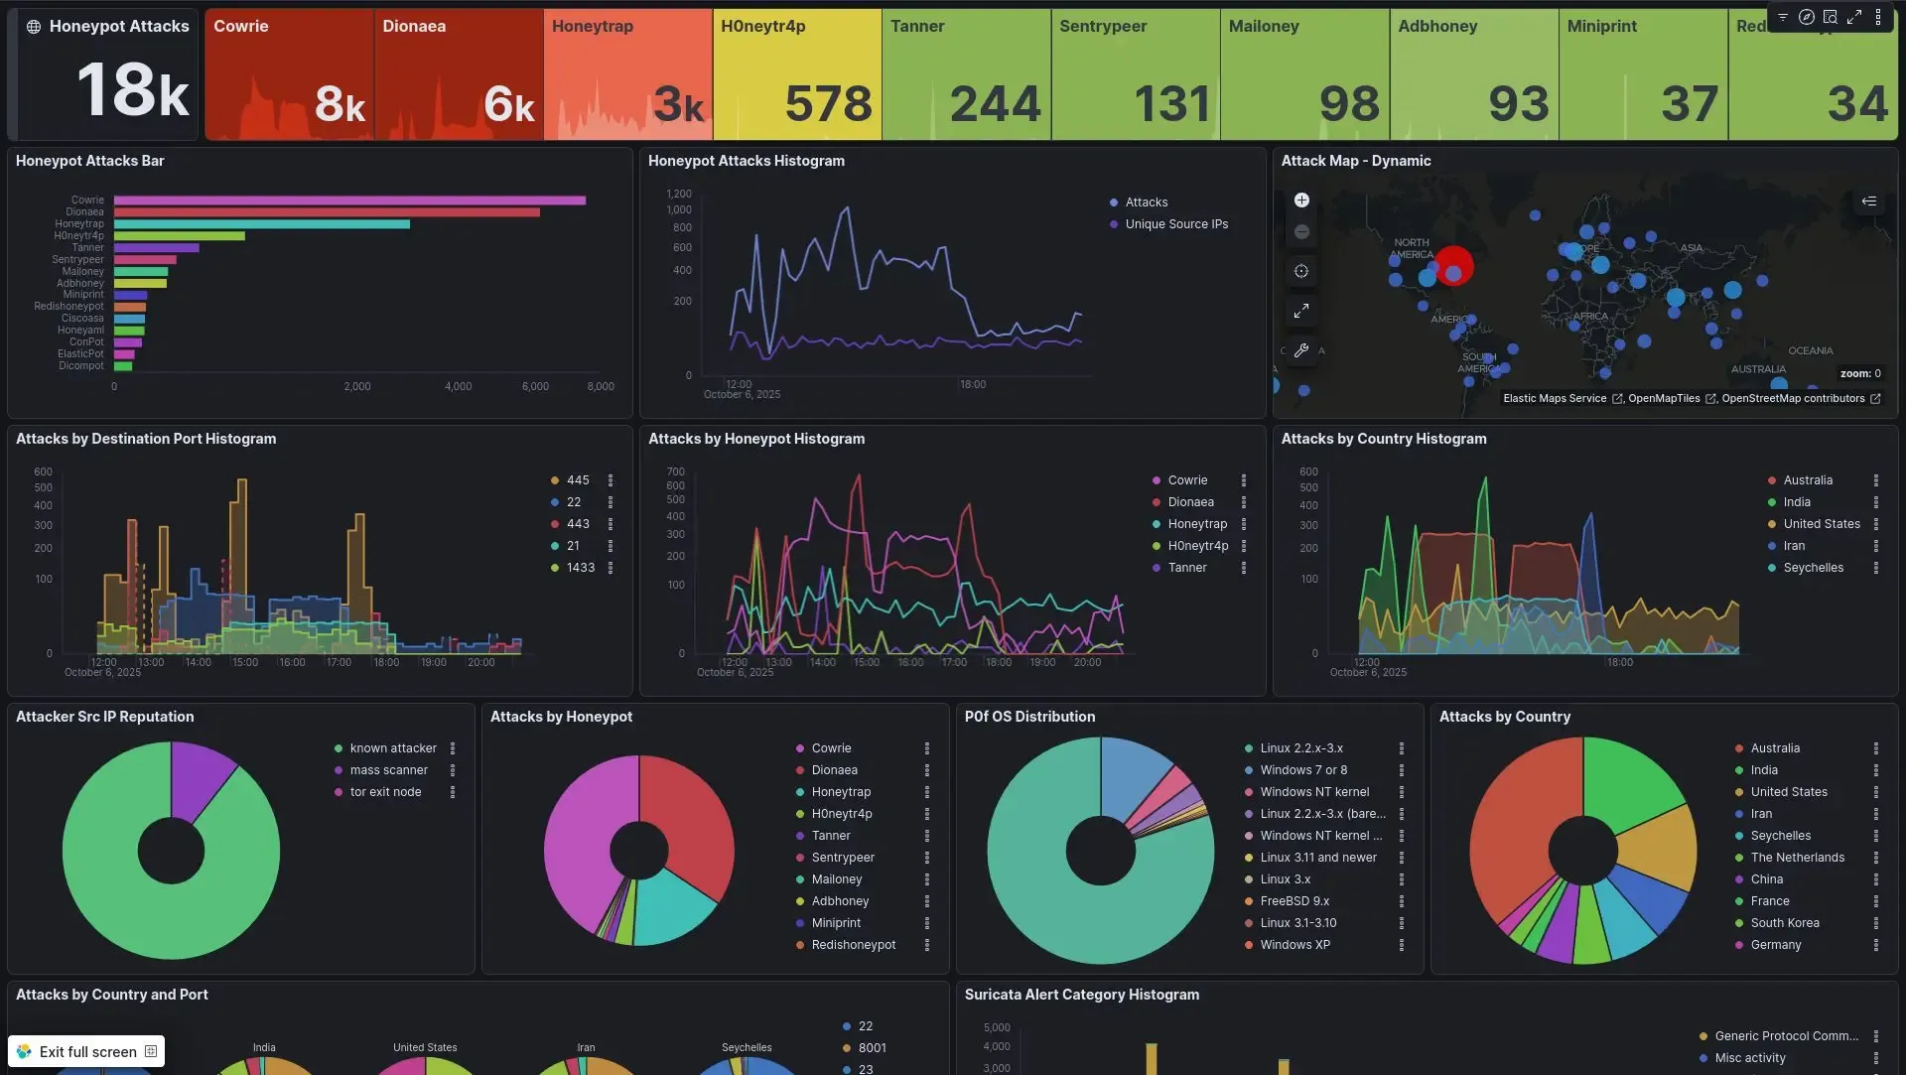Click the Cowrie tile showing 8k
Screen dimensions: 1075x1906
click(289, 74)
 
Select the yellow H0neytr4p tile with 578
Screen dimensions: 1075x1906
click(796, 74)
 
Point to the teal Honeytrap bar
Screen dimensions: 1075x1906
click(261, 224)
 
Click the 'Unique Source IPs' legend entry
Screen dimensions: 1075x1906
click(1175, 224)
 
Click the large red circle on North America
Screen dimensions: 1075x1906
click(1454, 266)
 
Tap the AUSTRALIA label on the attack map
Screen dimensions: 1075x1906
click(1758, 369)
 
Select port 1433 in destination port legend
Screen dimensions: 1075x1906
click(580, 568)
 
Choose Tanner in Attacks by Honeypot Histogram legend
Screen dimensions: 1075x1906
click(1186, 568)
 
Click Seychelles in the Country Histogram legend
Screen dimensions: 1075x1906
click(1813, 568)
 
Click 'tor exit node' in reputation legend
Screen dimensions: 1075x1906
click(385, 792)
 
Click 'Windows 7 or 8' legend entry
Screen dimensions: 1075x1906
click(1302, 770)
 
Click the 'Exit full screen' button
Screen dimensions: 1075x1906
click(86, 1051)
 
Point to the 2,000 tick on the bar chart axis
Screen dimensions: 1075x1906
click(357, 387)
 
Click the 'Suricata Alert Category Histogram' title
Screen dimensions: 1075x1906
click(1081, 995)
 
